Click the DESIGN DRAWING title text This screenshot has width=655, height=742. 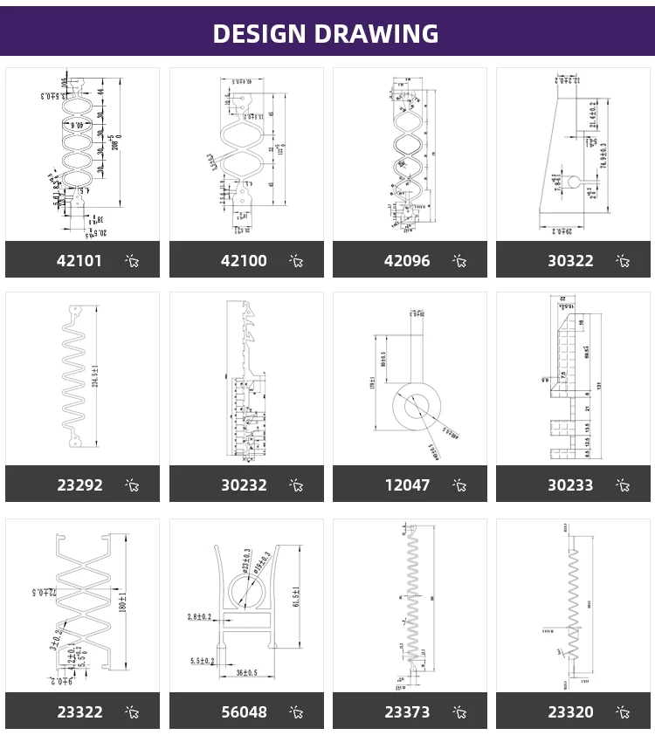tap(326, 33)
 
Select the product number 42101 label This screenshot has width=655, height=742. tap(79, 261)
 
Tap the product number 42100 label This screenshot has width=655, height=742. tap(244, 261)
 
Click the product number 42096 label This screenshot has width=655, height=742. tap(407, 261)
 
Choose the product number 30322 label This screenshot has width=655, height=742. tap(570, 261)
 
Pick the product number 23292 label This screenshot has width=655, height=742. tap(79, 485)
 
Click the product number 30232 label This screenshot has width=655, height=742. tap(244, 485)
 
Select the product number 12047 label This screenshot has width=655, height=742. tap(407, 485)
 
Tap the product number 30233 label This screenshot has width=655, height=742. tap(570, 485)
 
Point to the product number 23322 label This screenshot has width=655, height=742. tap(79, 712)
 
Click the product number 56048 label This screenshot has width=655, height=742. tap(244, 712)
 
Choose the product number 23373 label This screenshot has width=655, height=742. tap(407, 712)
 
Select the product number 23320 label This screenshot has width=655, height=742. tap(570, 712)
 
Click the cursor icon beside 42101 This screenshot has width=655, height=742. tap(133, 261)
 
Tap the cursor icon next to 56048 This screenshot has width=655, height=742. tap(296, 712)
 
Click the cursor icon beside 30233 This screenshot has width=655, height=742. tap(623, 485)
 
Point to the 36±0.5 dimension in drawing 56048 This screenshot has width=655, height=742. tap(246, 672)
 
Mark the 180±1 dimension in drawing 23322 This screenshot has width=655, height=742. tap(122, 602)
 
